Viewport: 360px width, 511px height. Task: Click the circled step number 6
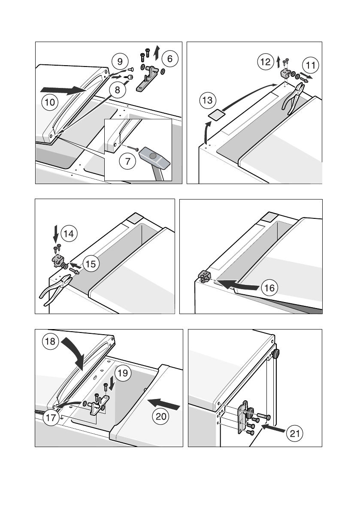click(170, 59)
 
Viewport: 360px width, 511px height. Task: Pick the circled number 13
click(207, 101)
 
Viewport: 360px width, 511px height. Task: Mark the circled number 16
click(269, 287)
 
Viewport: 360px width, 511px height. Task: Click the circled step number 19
click(122, 373)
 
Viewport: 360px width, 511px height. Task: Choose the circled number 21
click(294, 434)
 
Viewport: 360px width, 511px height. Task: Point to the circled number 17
click(50, 418)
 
